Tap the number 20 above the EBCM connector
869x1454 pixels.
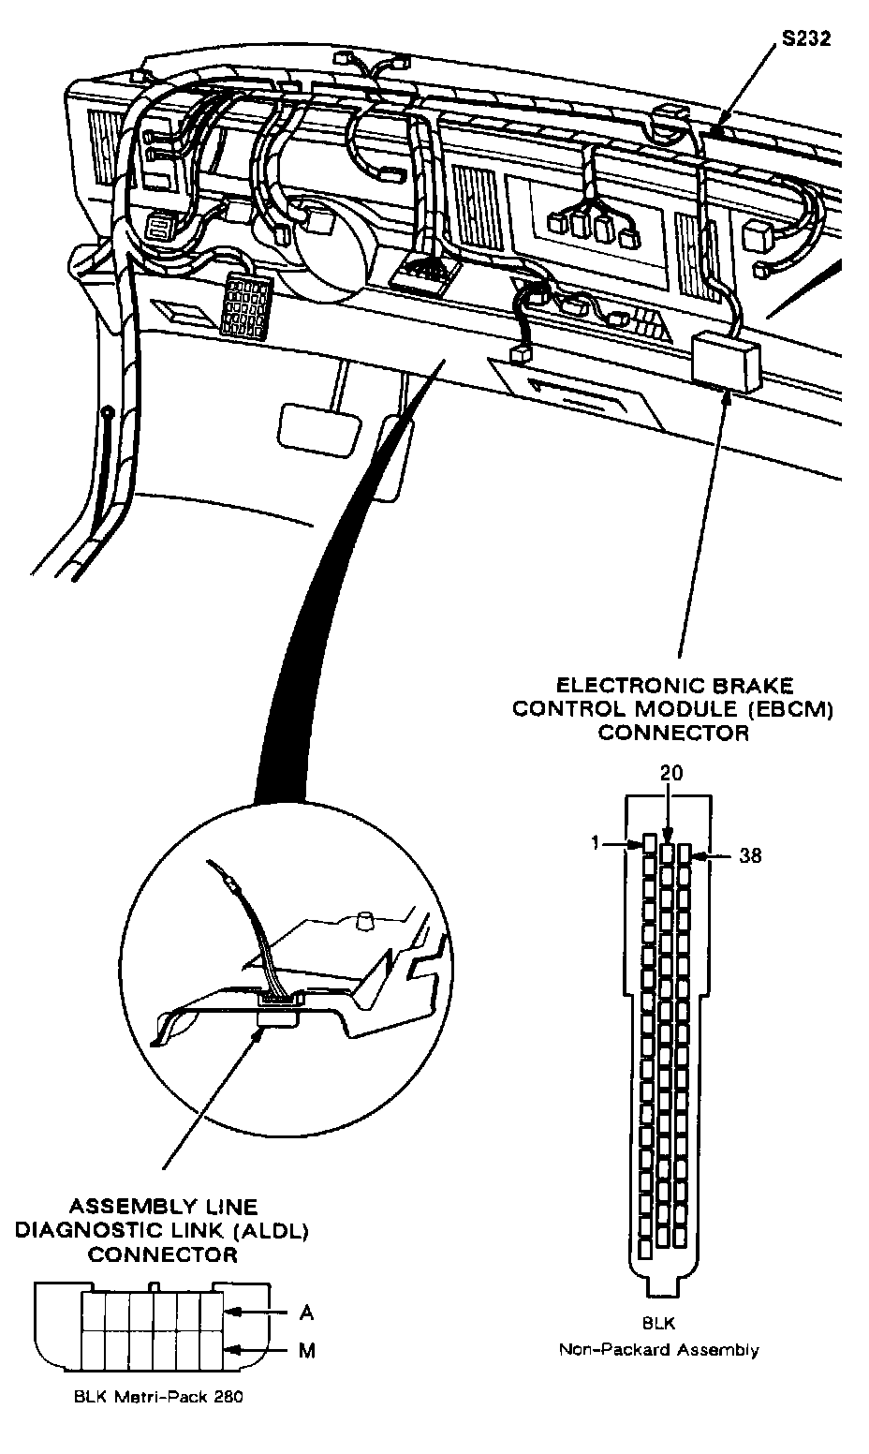pos(671,773)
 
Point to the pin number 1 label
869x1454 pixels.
pos(596,843)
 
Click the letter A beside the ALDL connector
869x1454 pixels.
pos(306,1313)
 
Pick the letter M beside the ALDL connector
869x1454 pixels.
pos(306,1350)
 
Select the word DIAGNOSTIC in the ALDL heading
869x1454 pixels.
pos(91,1231)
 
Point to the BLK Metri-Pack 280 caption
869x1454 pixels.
pos(157,1397)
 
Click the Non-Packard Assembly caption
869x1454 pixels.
pos(658,1350)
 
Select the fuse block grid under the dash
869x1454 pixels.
pos(244,304)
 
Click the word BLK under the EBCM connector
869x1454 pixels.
pos(658,1324)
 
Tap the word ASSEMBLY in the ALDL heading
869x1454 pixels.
pos(121,1208)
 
